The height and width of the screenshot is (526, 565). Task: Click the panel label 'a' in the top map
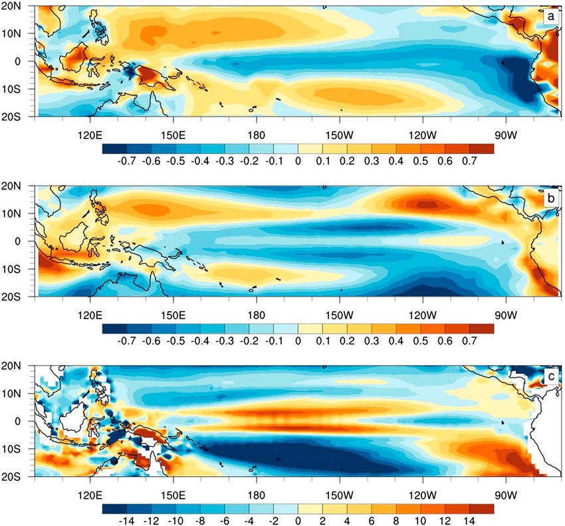[551, 15]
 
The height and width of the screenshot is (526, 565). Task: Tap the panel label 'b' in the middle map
[551, 197]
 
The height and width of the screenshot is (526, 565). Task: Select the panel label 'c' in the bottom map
[551, 376]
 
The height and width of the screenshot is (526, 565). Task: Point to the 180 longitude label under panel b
[256, 309]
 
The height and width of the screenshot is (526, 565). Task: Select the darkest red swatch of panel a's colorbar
[481, 147]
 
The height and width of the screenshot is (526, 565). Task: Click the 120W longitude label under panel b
[422, 309]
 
